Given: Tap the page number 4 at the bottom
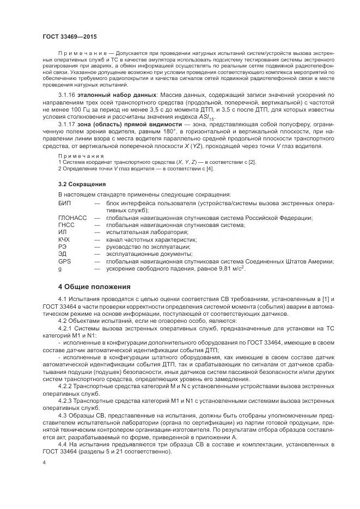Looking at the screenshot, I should [x=44, y=462].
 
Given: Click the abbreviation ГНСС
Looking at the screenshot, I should [x=66, y=225].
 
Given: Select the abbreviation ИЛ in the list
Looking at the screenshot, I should [x=62, y=232].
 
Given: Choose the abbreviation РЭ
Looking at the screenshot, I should [x=62, y=247].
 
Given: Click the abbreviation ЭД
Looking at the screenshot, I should [x=63, y=254].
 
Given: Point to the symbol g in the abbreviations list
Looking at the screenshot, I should [x=60, y=268].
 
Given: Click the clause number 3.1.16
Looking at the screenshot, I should [x=67, y=95].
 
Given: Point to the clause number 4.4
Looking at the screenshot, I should [x=64, y=445].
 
